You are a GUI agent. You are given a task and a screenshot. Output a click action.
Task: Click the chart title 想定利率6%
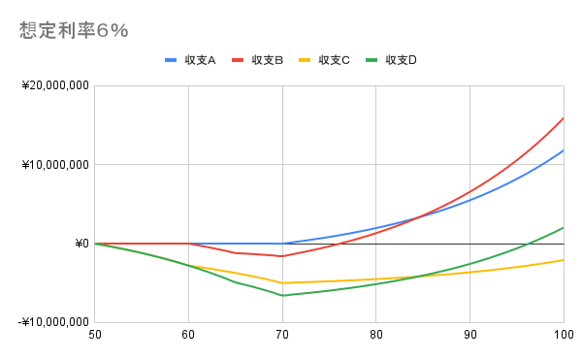click(74, 30)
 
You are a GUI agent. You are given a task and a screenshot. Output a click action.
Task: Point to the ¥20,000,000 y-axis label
click(55, 86)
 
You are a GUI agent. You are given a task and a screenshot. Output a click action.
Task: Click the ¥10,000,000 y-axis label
click(55, 165)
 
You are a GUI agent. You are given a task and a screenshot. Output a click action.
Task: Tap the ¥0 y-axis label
click(81, 244)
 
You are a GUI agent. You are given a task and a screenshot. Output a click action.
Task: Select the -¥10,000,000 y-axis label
click(53, 322)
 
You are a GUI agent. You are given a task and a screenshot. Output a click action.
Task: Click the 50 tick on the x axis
click(94, 335)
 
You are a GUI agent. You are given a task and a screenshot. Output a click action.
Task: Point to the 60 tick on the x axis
click(188, 335)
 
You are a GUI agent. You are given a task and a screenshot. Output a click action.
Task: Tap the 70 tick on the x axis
click(282, 335)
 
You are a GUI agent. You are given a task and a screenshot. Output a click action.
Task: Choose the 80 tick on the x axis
click(375, 335)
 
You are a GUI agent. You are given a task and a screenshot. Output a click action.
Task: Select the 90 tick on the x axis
click(469, 335)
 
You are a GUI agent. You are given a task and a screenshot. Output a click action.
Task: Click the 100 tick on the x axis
click(562, 335)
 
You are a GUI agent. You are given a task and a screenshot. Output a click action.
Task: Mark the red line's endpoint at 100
click(564, 118)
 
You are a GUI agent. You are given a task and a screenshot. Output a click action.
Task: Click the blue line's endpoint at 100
click(564, 150)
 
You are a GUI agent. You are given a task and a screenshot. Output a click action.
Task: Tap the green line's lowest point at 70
click(282, 295)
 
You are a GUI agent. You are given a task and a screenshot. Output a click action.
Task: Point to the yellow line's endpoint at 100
click(564, 259)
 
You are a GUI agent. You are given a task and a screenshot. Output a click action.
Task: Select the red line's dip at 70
click(282, 256)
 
